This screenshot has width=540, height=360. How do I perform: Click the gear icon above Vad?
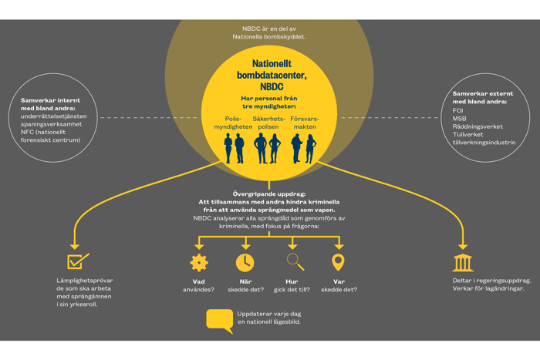[x=199, y=262]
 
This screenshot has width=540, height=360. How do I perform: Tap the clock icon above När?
[x=245, y=262]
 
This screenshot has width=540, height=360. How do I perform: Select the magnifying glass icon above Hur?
[x=295, y=262]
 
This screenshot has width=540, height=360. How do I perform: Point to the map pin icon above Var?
[x=338, y=262]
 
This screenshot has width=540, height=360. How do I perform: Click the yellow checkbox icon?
[x=78, y=261]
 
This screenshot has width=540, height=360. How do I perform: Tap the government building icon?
[x=463, y=262]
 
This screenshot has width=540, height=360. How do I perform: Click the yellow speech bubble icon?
[x=220, y=321]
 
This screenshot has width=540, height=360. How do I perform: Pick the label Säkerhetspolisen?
[x=268, y=123]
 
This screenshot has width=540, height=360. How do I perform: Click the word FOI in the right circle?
[x=458, y=111]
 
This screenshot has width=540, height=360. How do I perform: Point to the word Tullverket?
[x=468, y=134]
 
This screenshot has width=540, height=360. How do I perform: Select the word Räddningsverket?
[x=478, y=126]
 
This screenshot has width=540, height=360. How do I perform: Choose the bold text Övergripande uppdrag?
[x=268, y=193]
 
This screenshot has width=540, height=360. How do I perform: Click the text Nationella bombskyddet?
[x=268, y=37]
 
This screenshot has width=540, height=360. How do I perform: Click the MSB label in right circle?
[x=460, y=119]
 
